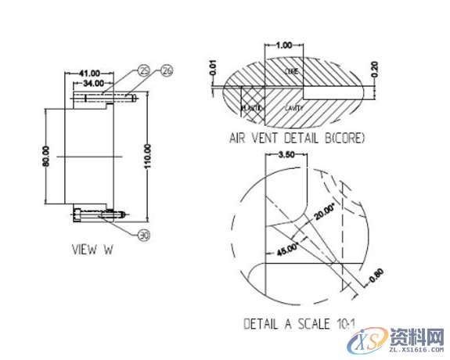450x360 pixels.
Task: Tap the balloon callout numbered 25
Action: click(143, 71)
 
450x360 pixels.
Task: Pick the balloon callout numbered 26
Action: click(166, 71)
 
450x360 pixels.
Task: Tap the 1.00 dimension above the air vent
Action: click(285, 46)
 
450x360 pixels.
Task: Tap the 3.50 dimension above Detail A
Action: click(285, 156)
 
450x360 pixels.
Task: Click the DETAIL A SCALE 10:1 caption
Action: click(297, 322)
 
